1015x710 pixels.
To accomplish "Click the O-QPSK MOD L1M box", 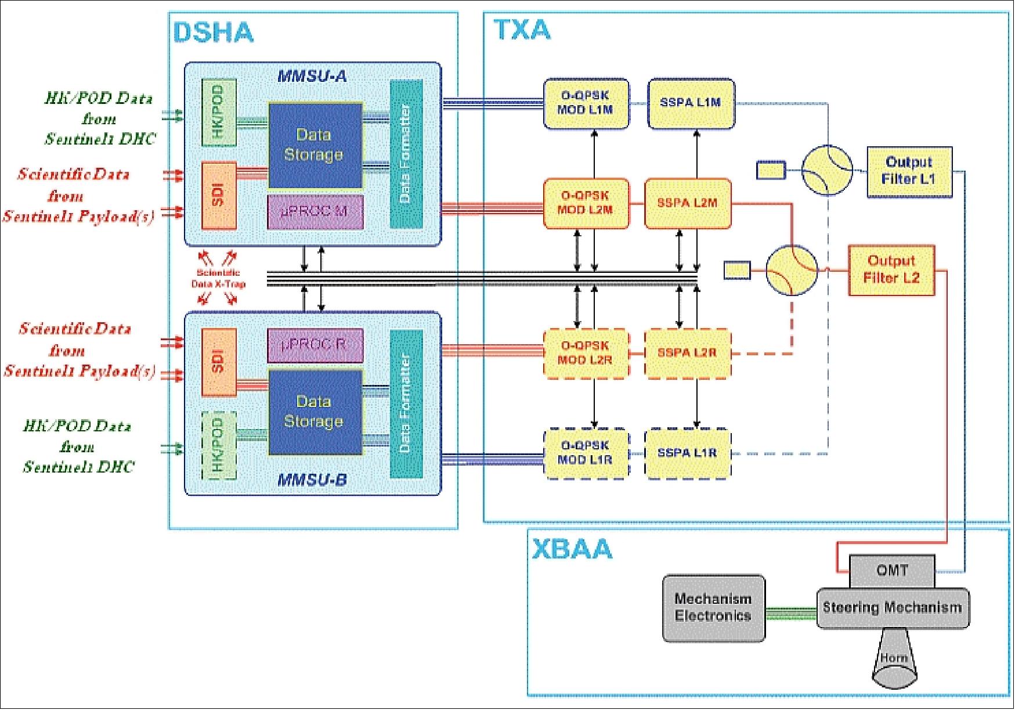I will pyautogui.click(x=586, y=103).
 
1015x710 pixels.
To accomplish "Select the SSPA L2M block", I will pyautogui.click(x=688, y=203).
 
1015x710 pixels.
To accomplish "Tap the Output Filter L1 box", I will pyautogui.click(x=909, y=171).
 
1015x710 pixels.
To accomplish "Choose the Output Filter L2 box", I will pyautogui.click(x=891, y=270).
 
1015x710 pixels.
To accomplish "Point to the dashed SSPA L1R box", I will pyautogui.click(x=688, y=453).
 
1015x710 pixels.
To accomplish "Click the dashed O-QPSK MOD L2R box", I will pyautogui.click(x=586, y=353).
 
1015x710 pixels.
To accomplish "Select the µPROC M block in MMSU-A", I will pyautogui.click(x=315, y=212).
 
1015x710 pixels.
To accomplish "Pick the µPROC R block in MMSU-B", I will pyautogui.click(x=315, y=345).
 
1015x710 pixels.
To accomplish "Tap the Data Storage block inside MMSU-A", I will pyautogui.click(x=315, y=145).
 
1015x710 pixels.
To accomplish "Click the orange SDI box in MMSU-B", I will pyautogui.click(x=219, y=361).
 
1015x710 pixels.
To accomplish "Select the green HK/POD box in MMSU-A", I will pyautogui.click(x=219, y=112).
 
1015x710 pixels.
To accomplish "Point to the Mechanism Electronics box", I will pyautogui.click(x=713, y=608).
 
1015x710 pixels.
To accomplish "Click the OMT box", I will pyautogui.click(x=891, y=571).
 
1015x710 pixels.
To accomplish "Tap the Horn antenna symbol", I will pyautogui.click(x=894, y=662).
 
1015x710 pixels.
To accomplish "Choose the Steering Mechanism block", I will pyautogui.click(x=892, y=608).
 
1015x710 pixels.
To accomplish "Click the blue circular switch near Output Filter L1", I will pyautogui.click(x=827, y=170).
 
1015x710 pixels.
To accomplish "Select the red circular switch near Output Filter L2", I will pyautogui.click(x=792, y=270).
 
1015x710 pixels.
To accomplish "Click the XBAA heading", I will pyautogui.click(x=572, y=549).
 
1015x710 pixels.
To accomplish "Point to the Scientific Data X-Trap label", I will pyautogui.click(x=218, y=279).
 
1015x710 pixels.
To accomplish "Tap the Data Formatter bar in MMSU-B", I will pyautogui.click(x=406, y=403).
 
